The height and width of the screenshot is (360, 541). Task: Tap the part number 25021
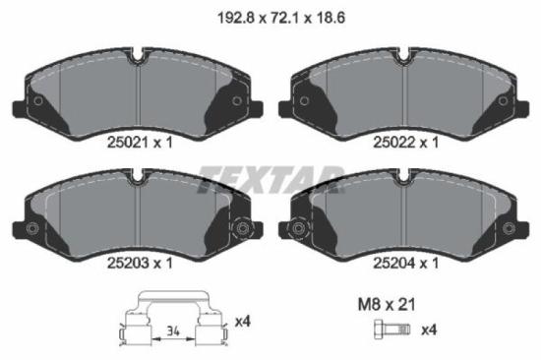125,144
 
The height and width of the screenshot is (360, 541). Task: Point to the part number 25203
125,263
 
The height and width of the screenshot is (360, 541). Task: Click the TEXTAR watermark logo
270,181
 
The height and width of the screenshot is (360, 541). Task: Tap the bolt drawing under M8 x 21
390,329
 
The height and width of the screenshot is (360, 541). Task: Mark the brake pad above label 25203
138,211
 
